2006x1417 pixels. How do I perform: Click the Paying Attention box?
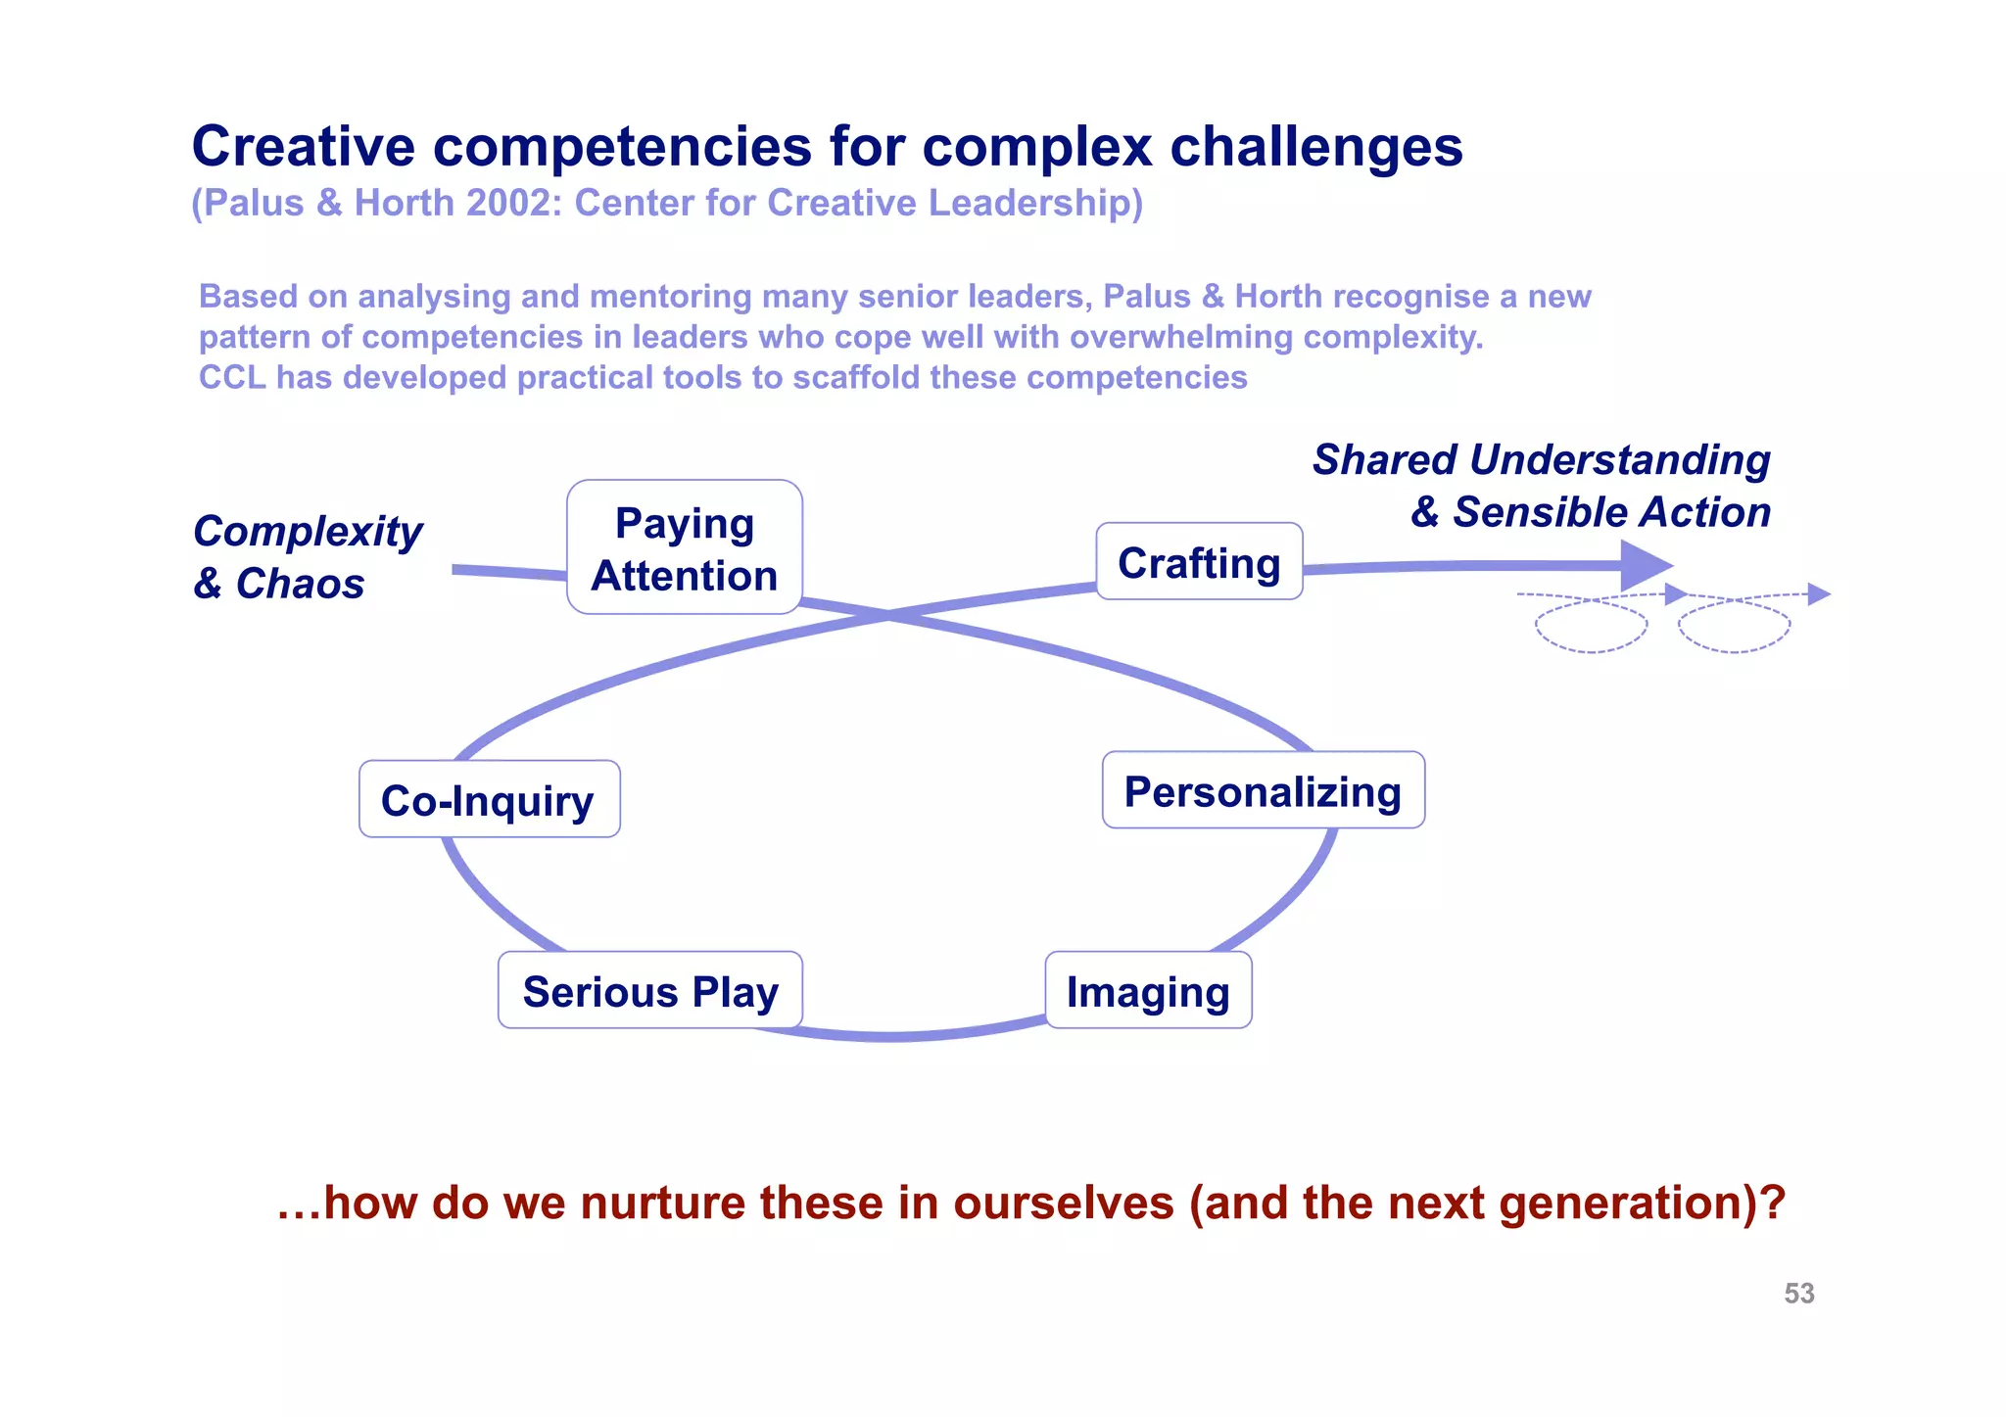click(x=684, y=547)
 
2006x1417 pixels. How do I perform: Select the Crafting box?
click(x=1199, y=562)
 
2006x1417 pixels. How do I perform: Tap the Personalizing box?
click(x=1263, y=790)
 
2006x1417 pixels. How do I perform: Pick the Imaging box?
click(x=1148, y=990)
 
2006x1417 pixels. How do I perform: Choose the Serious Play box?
click(x=649, y=990)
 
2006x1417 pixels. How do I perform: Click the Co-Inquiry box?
click(x=489, y=799)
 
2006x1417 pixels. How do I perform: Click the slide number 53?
click(x=1798, y=1294)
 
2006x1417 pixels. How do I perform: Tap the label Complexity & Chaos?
click(x=307, y=556)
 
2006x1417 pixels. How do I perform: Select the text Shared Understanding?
click(x=1541, y=459)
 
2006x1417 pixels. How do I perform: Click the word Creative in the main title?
click(x=304, y=147)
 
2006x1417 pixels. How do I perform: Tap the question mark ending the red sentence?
click(x=1774, y=1203)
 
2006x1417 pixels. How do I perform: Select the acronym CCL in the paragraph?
click(x=232, y=377)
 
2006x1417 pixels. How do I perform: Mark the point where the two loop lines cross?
click(x=887, y=614)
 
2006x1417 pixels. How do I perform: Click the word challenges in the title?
click(x=1315, y=147)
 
